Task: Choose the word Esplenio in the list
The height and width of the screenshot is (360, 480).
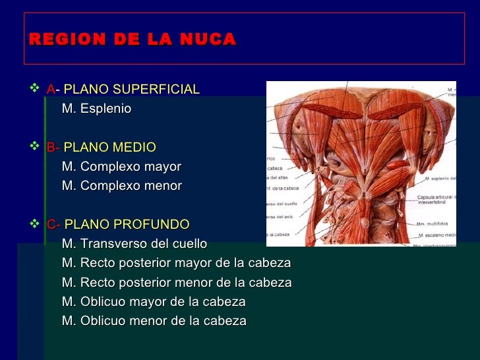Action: (106, 109)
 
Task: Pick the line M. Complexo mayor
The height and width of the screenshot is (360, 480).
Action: (121, 166)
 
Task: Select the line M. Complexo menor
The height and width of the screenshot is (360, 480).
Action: (121, 186)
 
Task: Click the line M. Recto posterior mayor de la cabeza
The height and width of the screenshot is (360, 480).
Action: (176, 263)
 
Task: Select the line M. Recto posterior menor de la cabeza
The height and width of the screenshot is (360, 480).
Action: (176, 283)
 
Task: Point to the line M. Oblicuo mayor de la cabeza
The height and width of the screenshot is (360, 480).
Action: (154, 302)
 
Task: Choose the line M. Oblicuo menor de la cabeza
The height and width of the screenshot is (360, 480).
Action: (154, 321)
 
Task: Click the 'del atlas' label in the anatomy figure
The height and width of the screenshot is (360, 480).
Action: (277, 177)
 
